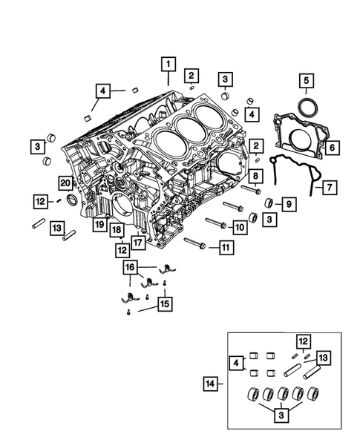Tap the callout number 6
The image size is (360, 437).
[x=332, y=148]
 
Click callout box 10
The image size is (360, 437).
[x=239, y=226]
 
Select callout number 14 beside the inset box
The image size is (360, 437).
[x=211, y=383]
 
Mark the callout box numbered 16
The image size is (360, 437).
[x=131, y=266]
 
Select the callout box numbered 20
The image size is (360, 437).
[x=65, y=183]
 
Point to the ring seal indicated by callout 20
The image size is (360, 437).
[x=73, y=200]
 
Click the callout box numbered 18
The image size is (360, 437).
[x=117, y=231]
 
